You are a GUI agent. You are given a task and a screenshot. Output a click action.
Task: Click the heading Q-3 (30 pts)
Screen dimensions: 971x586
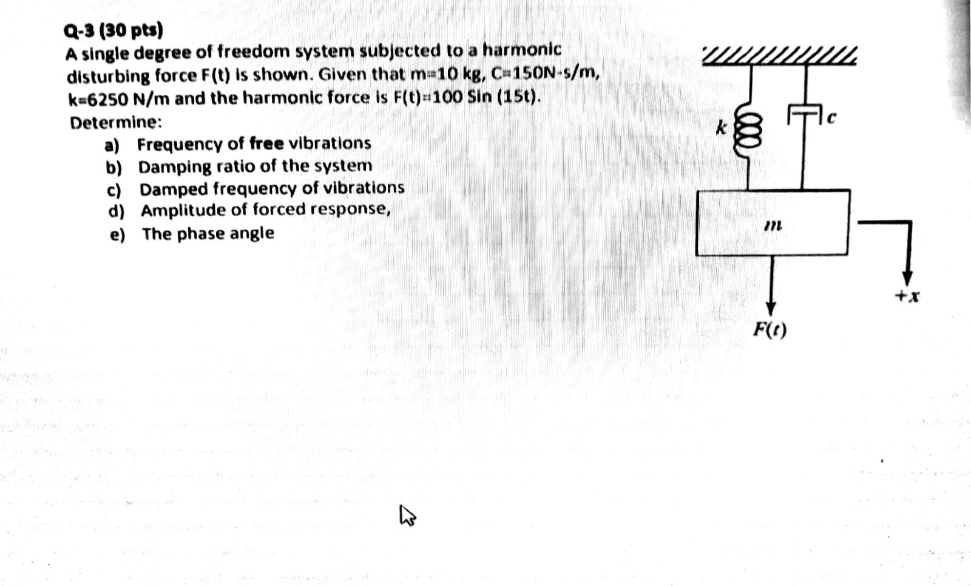[x=113, y=29]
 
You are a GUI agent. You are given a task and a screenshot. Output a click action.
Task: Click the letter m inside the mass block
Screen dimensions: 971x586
[x=772, y=225]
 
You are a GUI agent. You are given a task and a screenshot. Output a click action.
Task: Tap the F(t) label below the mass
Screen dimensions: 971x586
[x=770, y=330]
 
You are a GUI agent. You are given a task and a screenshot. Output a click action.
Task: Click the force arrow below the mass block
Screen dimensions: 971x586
[x=771, y=282]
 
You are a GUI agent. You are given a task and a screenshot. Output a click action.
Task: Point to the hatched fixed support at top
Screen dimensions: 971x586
[x=779, y=56]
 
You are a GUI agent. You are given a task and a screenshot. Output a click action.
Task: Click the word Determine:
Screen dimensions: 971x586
[x=116, y=122]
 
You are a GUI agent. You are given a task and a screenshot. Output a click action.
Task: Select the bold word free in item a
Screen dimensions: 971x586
[x=266, y=143]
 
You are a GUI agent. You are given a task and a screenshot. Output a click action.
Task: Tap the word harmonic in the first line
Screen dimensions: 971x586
[x=521, y=49]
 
